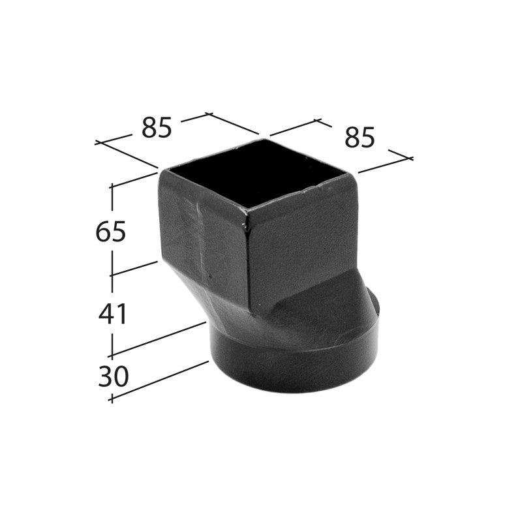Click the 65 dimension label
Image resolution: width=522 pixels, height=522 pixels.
[x=110, y=232]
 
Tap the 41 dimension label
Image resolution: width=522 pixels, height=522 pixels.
[x=113, y=315]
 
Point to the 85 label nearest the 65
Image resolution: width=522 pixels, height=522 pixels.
[x=157, y=128]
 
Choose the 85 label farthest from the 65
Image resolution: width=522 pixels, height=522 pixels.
[x=360, y=137]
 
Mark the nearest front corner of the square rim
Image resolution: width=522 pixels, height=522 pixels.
[x=247, y=211]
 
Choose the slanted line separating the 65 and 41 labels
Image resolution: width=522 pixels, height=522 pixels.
[x=134, y=268]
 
